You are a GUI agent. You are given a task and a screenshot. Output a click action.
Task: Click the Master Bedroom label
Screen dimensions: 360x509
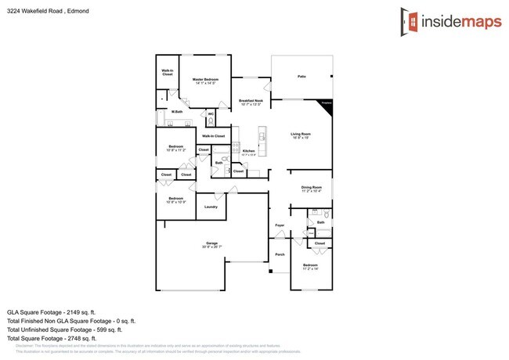pos(205,79)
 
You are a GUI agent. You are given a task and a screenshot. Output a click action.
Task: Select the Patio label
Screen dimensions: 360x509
pos(301,77)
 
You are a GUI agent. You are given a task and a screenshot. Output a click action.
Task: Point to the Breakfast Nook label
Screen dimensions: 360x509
pos(251,101)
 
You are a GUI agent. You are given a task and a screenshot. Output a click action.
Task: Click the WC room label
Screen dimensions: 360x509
pos(211,113)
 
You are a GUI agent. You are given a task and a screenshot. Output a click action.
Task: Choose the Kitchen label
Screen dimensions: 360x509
pos(249,151)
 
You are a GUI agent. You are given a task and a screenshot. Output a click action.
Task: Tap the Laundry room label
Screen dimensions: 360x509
pos(211,207)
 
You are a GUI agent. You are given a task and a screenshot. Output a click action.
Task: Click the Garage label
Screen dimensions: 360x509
pos(211,243)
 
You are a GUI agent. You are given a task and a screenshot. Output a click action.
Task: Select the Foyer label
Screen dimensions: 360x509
pos(279,226)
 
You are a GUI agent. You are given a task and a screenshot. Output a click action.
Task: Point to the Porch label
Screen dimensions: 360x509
pos(280,255)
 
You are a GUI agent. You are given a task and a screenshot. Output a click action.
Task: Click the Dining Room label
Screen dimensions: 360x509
pos(312,187)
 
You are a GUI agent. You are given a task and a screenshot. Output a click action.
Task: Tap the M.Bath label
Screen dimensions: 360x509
pos(178,112)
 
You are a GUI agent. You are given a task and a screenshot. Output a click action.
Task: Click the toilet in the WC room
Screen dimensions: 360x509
pos(211,121)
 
